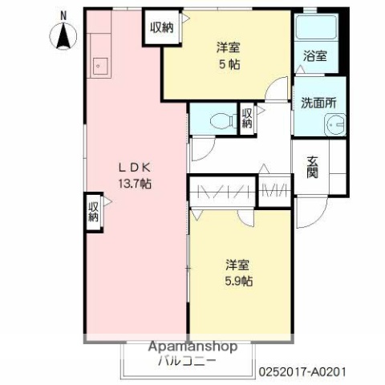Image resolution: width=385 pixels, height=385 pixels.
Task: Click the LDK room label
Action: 135,168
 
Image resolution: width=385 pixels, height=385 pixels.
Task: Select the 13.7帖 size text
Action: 136,184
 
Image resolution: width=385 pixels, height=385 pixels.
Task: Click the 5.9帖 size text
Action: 237,281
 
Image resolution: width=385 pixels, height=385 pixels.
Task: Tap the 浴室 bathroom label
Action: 315,56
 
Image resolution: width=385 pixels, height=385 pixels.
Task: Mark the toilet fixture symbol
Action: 221,121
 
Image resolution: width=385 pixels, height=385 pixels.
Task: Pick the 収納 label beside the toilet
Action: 247,118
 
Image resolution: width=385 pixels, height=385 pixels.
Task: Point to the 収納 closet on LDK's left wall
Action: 94,213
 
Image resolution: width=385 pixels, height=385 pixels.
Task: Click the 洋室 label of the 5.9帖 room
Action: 237,264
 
